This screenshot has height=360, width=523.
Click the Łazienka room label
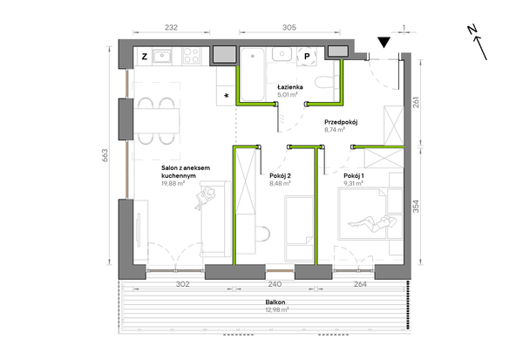(290, 87)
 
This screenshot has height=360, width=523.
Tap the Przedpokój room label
(341, 122)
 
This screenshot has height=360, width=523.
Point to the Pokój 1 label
(354, 176)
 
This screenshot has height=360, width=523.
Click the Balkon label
(275, 302)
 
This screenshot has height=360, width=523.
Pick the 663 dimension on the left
(105, 155)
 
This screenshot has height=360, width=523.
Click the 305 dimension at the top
(289, 27)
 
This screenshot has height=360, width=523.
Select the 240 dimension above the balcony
(275, 284)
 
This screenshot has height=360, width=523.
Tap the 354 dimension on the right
(416, 207)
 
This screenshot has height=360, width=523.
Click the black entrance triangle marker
(384, 41)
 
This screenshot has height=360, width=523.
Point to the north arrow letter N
(472, 30)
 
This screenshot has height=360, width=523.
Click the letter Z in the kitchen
(145, 57)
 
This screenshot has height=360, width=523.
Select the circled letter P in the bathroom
(307, 57)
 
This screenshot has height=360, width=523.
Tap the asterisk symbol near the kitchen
(227, 96)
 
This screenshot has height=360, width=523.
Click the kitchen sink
(162, 56)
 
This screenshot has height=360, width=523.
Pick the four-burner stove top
(192, 56)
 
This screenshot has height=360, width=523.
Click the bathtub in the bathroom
(253, 74)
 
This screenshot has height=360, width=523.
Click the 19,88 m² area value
(173, 183)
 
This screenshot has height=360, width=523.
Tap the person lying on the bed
(372, 223)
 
